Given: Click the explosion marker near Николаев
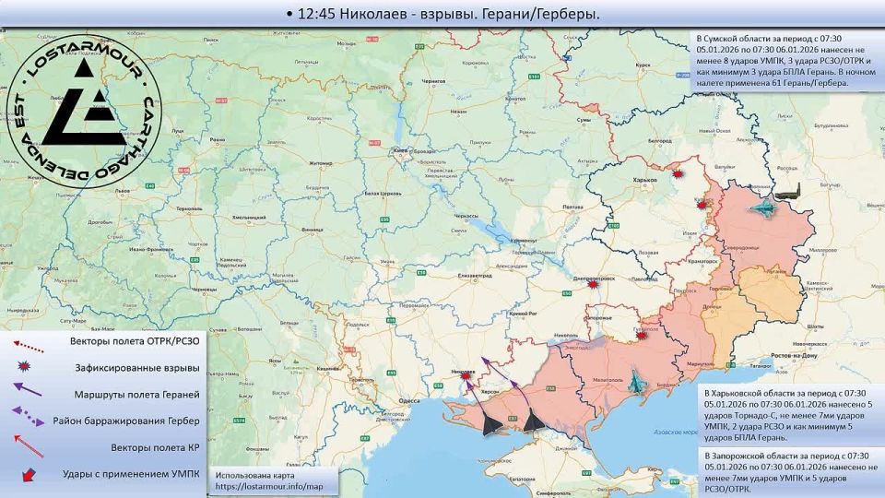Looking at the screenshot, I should (467, 373).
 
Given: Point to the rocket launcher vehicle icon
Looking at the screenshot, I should (788, 193).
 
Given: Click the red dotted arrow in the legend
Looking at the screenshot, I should (29, 342).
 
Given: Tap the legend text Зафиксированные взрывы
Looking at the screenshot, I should (136, 368).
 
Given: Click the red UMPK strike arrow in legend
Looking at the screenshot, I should (29, 474).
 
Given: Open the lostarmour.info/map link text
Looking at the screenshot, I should (270, 485).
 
